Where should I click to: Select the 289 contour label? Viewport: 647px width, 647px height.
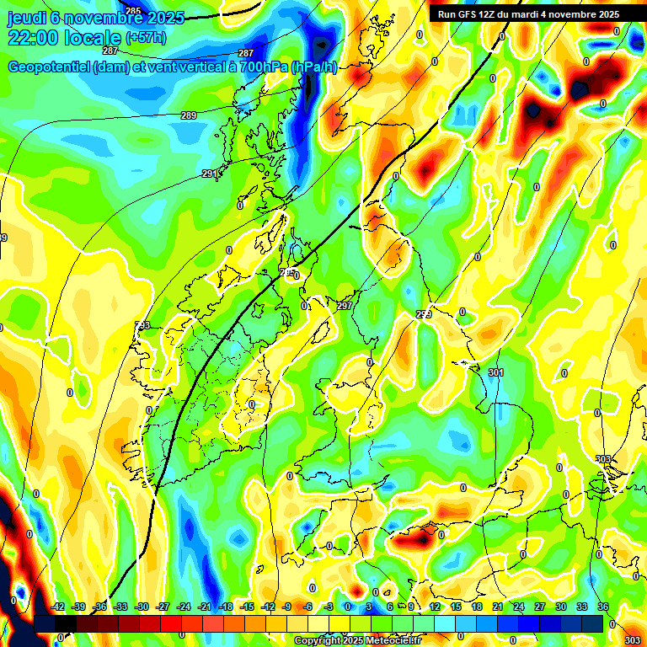pyautogui.click(x=189, y=115)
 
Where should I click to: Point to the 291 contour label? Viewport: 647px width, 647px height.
pyautogui.click(x=210, y=174)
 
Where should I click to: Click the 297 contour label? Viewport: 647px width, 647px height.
pyautogui.click(x=344, y=306)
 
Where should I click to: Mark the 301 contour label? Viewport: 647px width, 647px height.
pyautogui.click(x=495, y=372)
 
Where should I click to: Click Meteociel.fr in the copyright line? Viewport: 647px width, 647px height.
pyautogui.click(x=389, y=640)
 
